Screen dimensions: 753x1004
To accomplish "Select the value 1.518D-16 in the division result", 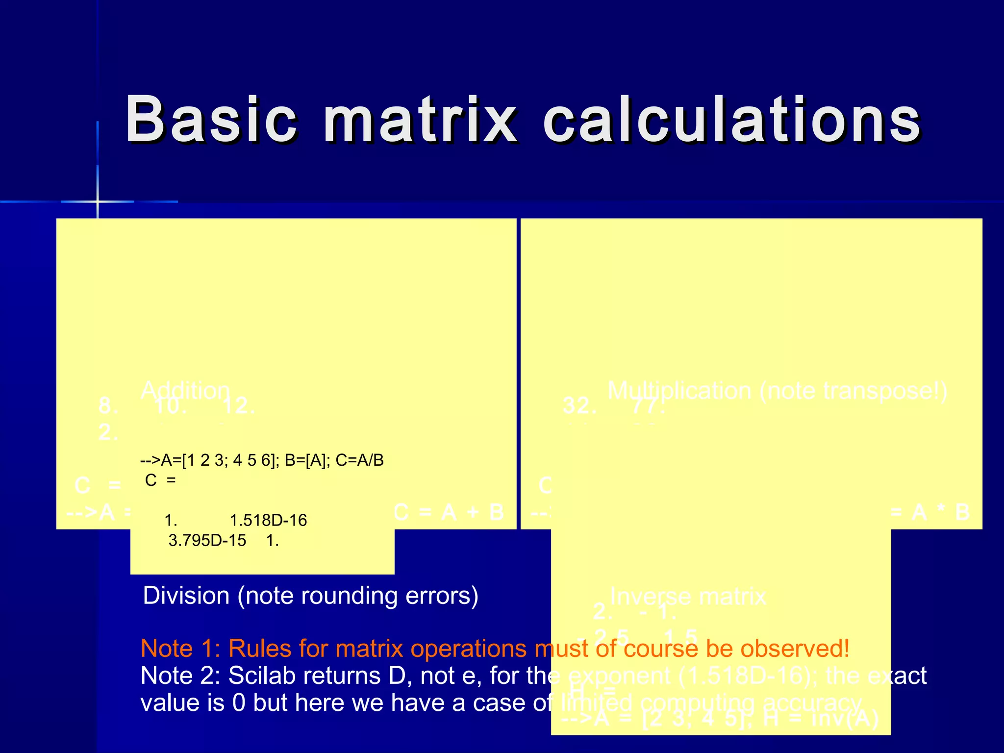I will click(x=268, y=520).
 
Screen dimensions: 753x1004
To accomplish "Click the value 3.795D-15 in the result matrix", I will click(x=207, y=541).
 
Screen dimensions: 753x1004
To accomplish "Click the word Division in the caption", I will click(x=186, y=596).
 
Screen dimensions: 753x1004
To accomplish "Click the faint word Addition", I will click(x=185, y=391).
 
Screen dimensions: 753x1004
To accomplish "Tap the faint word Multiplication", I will click(x=679, y=391).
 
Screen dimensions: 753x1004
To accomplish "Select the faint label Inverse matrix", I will click(x=688, y=597).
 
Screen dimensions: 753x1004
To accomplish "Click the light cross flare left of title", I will click(x=98, y=201).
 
